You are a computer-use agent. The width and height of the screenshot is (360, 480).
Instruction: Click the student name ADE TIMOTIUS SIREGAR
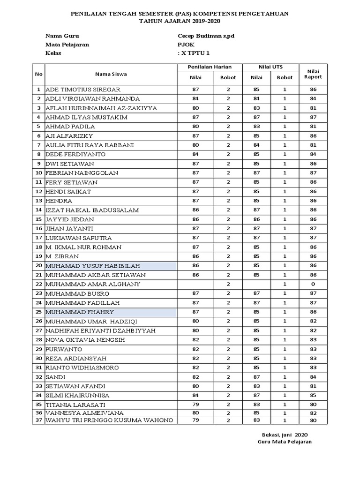click(83, 89)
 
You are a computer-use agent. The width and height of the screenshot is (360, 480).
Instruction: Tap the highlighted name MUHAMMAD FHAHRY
click(79, 312)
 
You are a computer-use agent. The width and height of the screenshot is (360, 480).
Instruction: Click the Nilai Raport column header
click(313, 74)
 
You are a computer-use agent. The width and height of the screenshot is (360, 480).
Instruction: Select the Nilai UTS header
click(270, 67)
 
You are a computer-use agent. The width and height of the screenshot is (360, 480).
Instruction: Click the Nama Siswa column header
click(111, 74)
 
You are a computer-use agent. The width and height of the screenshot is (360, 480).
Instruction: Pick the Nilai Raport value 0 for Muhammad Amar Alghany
click(313, 284)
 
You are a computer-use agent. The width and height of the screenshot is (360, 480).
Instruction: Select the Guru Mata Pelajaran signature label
click(285, 442)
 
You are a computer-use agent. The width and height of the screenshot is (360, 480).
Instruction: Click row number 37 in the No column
click(38, 420)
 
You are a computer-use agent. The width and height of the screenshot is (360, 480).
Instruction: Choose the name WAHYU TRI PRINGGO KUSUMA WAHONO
click(109, 420)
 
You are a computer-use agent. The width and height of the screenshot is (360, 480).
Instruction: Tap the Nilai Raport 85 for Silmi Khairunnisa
click(313, 395)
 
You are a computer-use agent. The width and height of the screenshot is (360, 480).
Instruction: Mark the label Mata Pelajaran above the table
click(67, 45)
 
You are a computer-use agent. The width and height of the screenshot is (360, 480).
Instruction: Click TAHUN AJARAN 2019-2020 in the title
click(180, 22)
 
